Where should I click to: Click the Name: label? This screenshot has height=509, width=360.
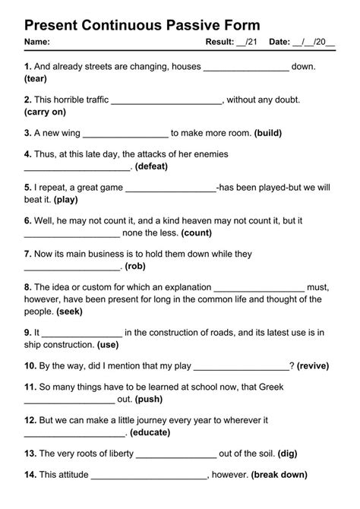coord(37,41)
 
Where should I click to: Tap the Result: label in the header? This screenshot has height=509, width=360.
coord(220,41)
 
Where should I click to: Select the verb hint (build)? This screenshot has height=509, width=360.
coord(268,133)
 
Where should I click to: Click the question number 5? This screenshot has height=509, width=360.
coord(27,188)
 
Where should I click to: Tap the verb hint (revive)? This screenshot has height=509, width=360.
coord(312,365)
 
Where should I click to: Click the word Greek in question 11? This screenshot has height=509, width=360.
coord(271,387)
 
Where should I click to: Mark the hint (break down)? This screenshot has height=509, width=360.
coord(279,476)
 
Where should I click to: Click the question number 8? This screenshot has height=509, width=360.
coord(27,288)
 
